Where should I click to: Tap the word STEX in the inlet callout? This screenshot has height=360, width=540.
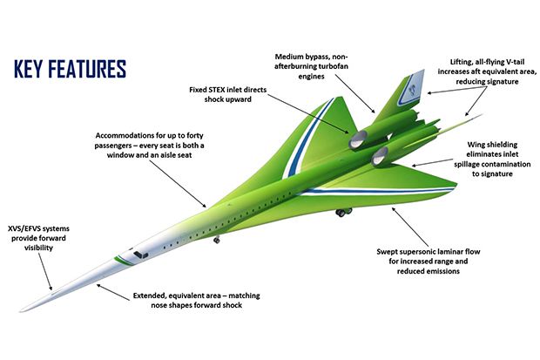point(217,90)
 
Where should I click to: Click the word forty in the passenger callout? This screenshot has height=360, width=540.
point(195,135)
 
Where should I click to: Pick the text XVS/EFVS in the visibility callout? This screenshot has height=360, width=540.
point(25,228)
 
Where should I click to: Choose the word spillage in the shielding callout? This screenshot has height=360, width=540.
point(468,164)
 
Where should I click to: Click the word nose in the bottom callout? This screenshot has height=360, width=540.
point(159,305)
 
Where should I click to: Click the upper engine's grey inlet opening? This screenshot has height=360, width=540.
point(357,139)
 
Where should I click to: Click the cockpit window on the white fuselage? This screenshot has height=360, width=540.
point(140,255)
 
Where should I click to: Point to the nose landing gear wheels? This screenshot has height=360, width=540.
point(217,240)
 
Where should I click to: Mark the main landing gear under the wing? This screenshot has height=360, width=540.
point(344,212)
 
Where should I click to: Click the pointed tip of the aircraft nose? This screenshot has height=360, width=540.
point(21,312)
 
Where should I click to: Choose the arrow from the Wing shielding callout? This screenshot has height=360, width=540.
point(432,162)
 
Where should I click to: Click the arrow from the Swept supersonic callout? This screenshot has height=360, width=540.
point(410,227)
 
